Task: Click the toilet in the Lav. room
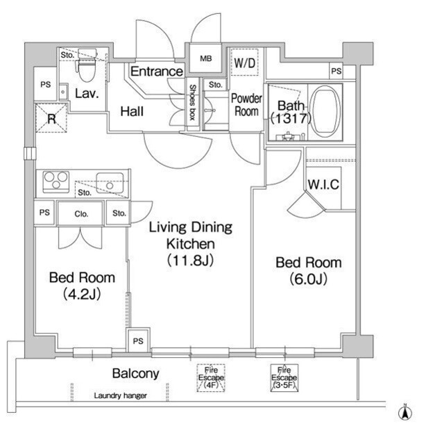pyautogui.click(x=87, y=65)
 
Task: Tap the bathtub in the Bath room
pyautogui.click(x=325, y=111)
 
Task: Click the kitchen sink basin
pyautogui.click(x=110, y=183)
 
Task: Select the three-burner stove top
pyautogui.click(x=55, y=181)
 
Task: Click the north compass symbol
pyautogui.click(x=405, y=413)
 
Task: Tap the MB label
pyautogui.click(x=206, y=58)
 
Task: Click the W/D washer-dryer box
pyautogui.click(x=244, y=63)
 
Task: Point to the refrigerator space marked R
pyautogui.click(x=51, y=118)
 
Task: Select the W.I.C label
pyautogui.click(x=323, y=184)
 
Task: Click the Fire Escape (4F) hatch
pyautogui.click(x=211, y=378)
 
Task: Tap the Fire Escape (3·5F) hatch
pyautogui.click(x=284, y=378)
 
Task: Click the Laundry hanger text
pyautogui.click(x=120, y=395)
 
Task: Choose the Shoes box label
pyautogui.click(x=193, y=102)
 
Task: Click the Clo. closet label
pyautogui.click(x=81, y=214)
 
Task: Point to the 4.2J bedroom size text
pyautogui.click(x=82, y=294)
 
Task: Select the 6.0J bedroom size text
pyautogui.click(x=308, y=279)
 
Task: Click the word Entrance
pyautogui.click(x=157, y=71)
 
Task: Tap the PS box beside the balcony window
pyautogui.click(x=138, y=340)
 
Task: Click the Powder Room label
pyautogui.click(x=246, y=105)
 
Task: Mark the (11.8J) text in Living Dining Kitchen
pyautogui.click(x=190, y=261)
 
